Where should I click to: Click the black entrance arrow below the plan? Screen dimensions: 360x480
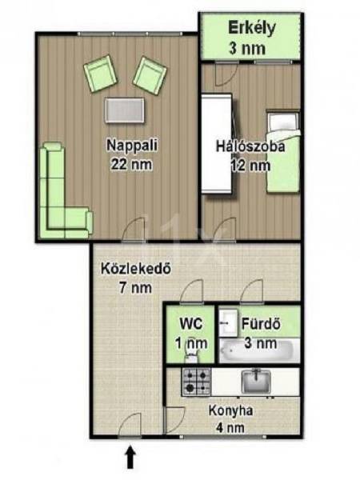tap(130, 457)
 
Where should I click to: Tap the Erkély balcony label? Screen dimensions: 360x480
tap(251, 29)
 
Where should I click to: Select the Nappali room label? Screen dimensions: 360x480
tap(132, 145)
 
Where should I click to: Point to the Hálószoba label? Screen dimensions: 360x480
tap(250, 146)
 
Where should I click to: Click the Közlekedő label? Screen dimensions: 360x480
tap(136, 269)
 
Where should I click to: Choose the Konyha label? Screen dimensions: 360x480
tap(230, 410)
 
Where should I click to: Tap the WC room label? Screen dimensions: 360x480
tap(191, 323)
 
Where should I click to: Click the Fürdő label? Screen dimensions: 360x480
tap(261, 324)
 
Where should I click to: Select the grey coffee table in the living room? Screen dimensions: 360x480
tap(124, 110)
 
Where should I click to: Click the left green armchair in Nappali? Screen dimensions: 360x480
tap(101, 74)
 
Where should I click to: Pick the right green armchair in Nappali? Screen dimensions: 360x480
tap(150, 76)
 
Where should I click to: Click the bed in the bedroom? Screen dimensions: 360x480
tap(283, 152)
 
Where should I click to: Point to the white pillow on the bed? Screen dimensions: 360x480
tap(282, 122)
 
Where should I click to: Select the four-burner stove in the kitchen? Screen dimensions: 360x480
tap(197, 381)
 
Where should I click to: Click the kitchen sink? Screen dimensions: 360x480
tap(256, 382)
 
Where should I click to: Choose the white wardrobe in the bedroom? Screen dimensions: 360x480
tap(217, 144)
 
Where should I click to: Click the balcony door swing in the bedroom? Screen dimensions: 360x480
tap(226, 74)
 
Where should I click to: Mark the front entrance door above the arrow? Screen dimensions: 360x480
tap(130, 424)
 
